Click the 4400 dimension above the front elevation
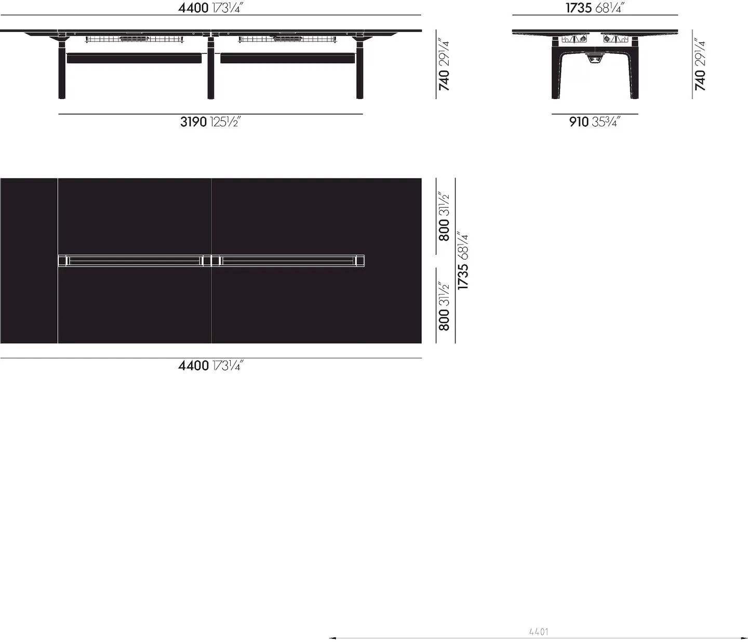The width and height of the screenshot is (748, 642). point(210,8)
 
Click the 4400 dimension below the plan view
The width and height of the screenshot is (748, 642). point(210,365)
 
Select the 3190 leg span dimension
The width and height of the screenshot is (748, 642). point(210,122)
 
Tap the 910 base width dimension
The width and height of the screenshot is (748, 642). point(595,122)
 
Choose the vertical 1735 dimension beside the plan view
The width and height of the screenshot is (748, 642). point(463,261)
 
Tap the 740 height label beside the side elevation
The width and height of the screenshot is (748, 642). point(700,64)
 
